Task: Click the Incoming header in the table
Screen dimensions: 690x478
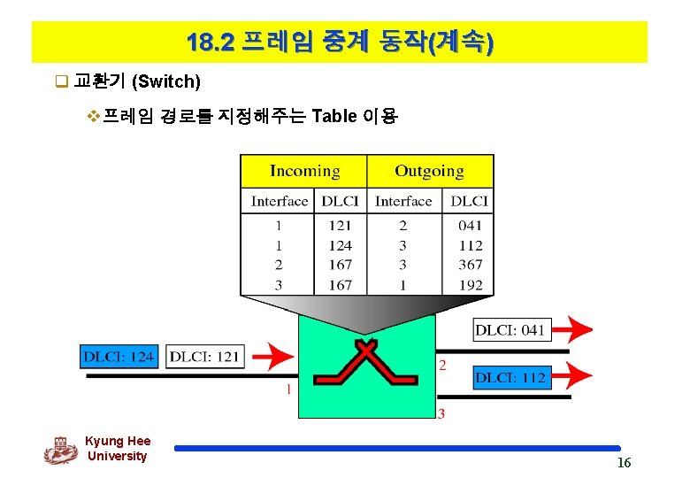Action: click(x=304, y=171)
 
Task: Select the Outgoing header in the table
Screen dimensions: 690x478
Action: click(x=429, y=171)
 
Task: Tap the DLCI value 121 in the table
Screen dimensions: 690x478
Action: click(x=340, y=226)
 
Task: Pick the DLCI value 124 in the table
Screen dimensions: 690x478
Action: click(x=340, y=245)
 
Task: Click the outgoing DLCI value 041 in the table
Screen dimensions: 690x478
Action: click(x=471, y=226)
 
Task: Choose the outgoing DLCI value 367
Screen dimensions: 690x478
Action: click(x=471, y=265)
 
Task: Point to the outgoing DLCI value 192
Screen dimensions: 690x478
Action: click(x=471, y=285)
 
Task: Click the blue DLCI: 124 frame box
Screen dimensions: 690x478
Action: click(x=119, y=357)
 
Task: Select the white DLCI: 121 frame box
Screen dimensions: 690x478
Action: click(x=204, y=357)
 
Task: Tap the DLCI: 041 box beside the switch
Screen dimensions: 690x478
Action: click(x=510, y=330)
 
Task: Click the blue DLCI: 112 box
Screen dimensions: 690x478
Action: click(x=510, y=377)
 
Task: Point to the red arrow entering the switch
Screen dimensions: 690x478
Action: click(x=274, y=357)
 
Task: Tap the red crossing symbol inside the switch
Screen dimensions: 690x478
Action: click(x=366, y=365)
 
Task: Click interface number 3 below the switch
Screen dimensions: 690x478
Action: click(x=441, y=413)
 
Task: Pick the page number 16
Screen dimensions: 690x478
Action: click(x=624, y=464)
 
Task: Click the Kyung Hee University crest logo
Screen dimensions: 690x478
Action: click(x=60, y=450)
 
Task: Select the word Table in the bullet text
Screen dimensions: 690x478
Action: click(x=334, y=116)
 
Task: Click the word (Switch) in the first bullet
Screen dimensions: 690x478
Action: click(x=166, y=82)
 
